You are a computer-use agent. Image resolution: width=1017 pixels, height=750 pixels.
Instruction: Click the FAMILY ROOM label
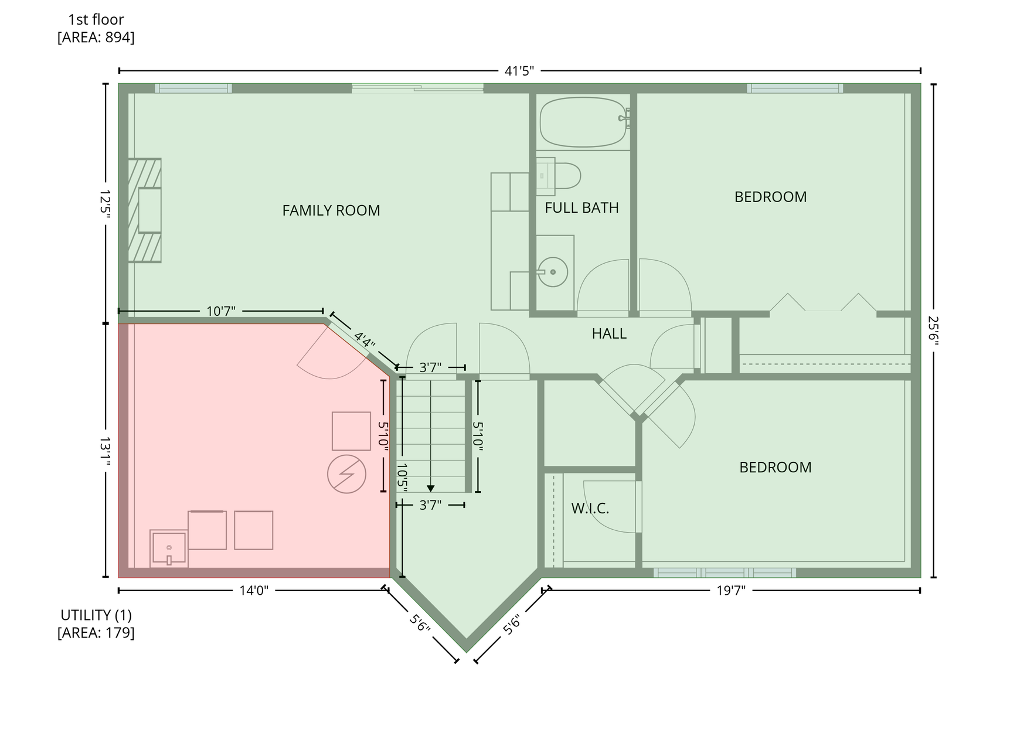click(331, 210)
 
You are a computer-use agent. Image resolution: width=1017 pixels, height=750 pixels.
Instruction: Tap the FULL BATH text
click(581, 207)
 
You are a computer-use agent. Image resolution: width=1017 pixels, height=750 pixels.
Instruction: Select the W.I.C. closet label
click(590, 508)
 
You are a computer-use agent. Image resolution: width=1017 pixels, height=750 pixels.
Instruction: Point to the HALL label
click(608, 333)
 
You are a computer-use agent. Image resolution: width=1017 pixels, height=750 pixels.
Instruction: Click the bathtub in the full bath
click(583, 122)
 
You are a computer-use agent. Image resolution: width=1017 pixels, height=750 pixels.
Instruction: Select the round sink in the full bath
click(553, 272)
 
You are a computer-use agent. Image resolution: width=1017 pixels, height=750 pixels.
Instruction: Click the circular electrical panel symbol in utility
click(346, 474)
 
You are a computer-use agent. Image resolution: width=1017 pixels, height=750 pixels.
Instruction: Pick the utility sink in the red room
click(169, 548)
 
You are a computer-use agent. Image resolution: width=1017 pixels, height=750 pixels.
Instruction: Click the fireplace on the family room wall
click(144, 210)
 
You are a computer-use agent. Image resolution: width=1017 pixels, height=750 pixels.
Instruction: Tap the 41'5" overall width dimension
click(519, 71)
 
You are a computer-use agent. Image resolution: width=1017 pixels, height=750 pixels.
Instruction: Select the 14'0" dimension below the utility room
click(253, 590)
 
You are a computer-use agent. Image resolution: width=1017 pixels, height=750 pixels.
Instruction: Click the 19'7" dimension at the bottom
click(730, 590)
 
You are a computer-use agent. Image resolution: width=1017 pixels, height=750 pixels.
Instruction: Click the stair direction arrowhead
click(431, 488)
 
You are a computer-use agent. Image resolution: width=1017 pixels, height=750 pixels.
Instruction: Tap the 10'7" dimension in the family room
click(220, 311)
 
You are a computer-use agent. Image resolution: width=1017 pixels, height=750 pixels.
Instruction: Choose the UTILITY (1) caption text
click(96, 615)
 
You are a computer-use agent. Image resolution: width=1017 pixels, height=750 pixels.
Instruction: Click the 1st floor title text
click(96, 19)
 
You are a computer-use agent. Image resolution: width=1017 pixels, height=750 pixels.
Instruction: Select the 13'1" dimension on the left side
click(106, 451)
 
